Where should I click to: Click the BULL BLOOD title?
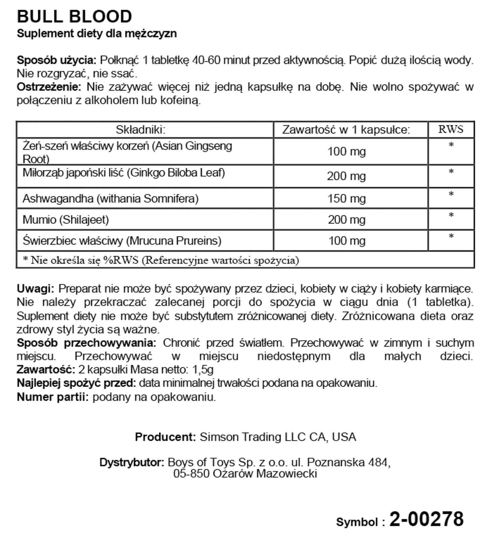74,16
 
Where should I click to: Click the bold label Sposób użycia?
57,60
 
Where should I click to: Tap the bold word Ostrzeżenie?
49,87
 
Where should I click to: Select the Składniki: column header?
141,130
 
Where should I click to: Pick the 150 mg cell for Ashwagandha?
347,198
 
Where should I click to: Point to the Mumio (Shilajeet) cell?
66,220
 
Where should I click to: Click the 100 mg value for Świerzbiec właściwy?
347,241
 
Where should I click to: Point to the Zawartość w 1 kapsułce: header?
346,130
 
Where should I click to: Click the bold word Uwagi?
35,289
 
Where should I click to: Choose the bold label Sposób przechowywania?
86,343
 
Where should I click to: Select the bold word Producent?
165,437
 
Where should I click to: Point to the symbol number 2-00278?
426,519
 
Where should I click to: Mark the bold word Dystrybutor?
132,462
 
